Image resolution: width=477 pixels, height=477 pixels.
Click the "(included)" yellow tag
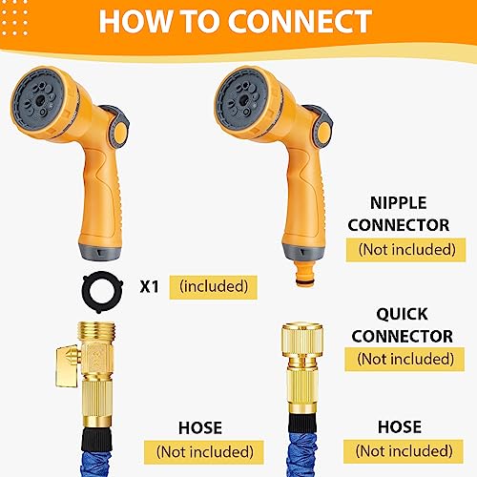point(213,285)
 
